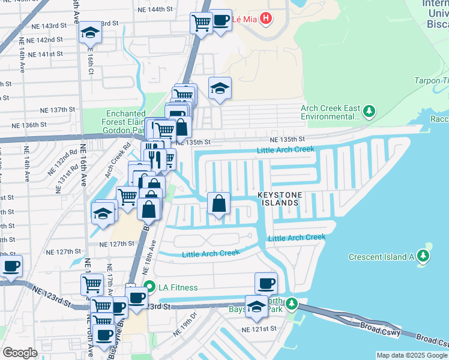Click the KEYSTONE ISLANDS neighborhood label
coord(278,199)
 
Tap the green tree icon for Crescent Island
coord(424,257)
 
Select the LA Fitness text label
coord(178,287)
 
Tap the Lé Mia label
coord(244,19)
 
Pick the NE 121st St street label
coord(259,329)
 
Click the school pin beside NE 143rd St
coord(90,32)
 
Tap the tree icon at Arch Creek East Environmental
coord(370,111)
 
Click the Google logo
coord(20,353)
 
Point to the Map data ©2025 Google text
coord(412,355)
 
